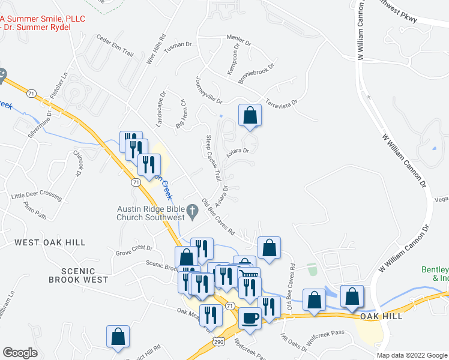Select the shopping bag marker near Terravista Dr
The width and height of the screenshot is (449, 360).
(250, 115)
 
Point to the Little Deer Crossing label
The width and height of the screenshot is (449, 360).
(36, 196)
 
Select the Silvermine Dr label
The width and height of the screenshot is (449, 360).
(39, 123)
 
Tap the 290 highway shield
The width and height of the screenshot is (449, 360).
(218, 341)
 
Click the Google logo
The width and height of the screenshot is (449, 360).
(20, 353)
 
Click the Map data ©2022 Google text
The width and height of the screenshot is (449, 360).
(411, 355)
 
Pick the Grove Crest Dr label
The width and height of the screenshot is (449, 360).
(135, 248)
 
